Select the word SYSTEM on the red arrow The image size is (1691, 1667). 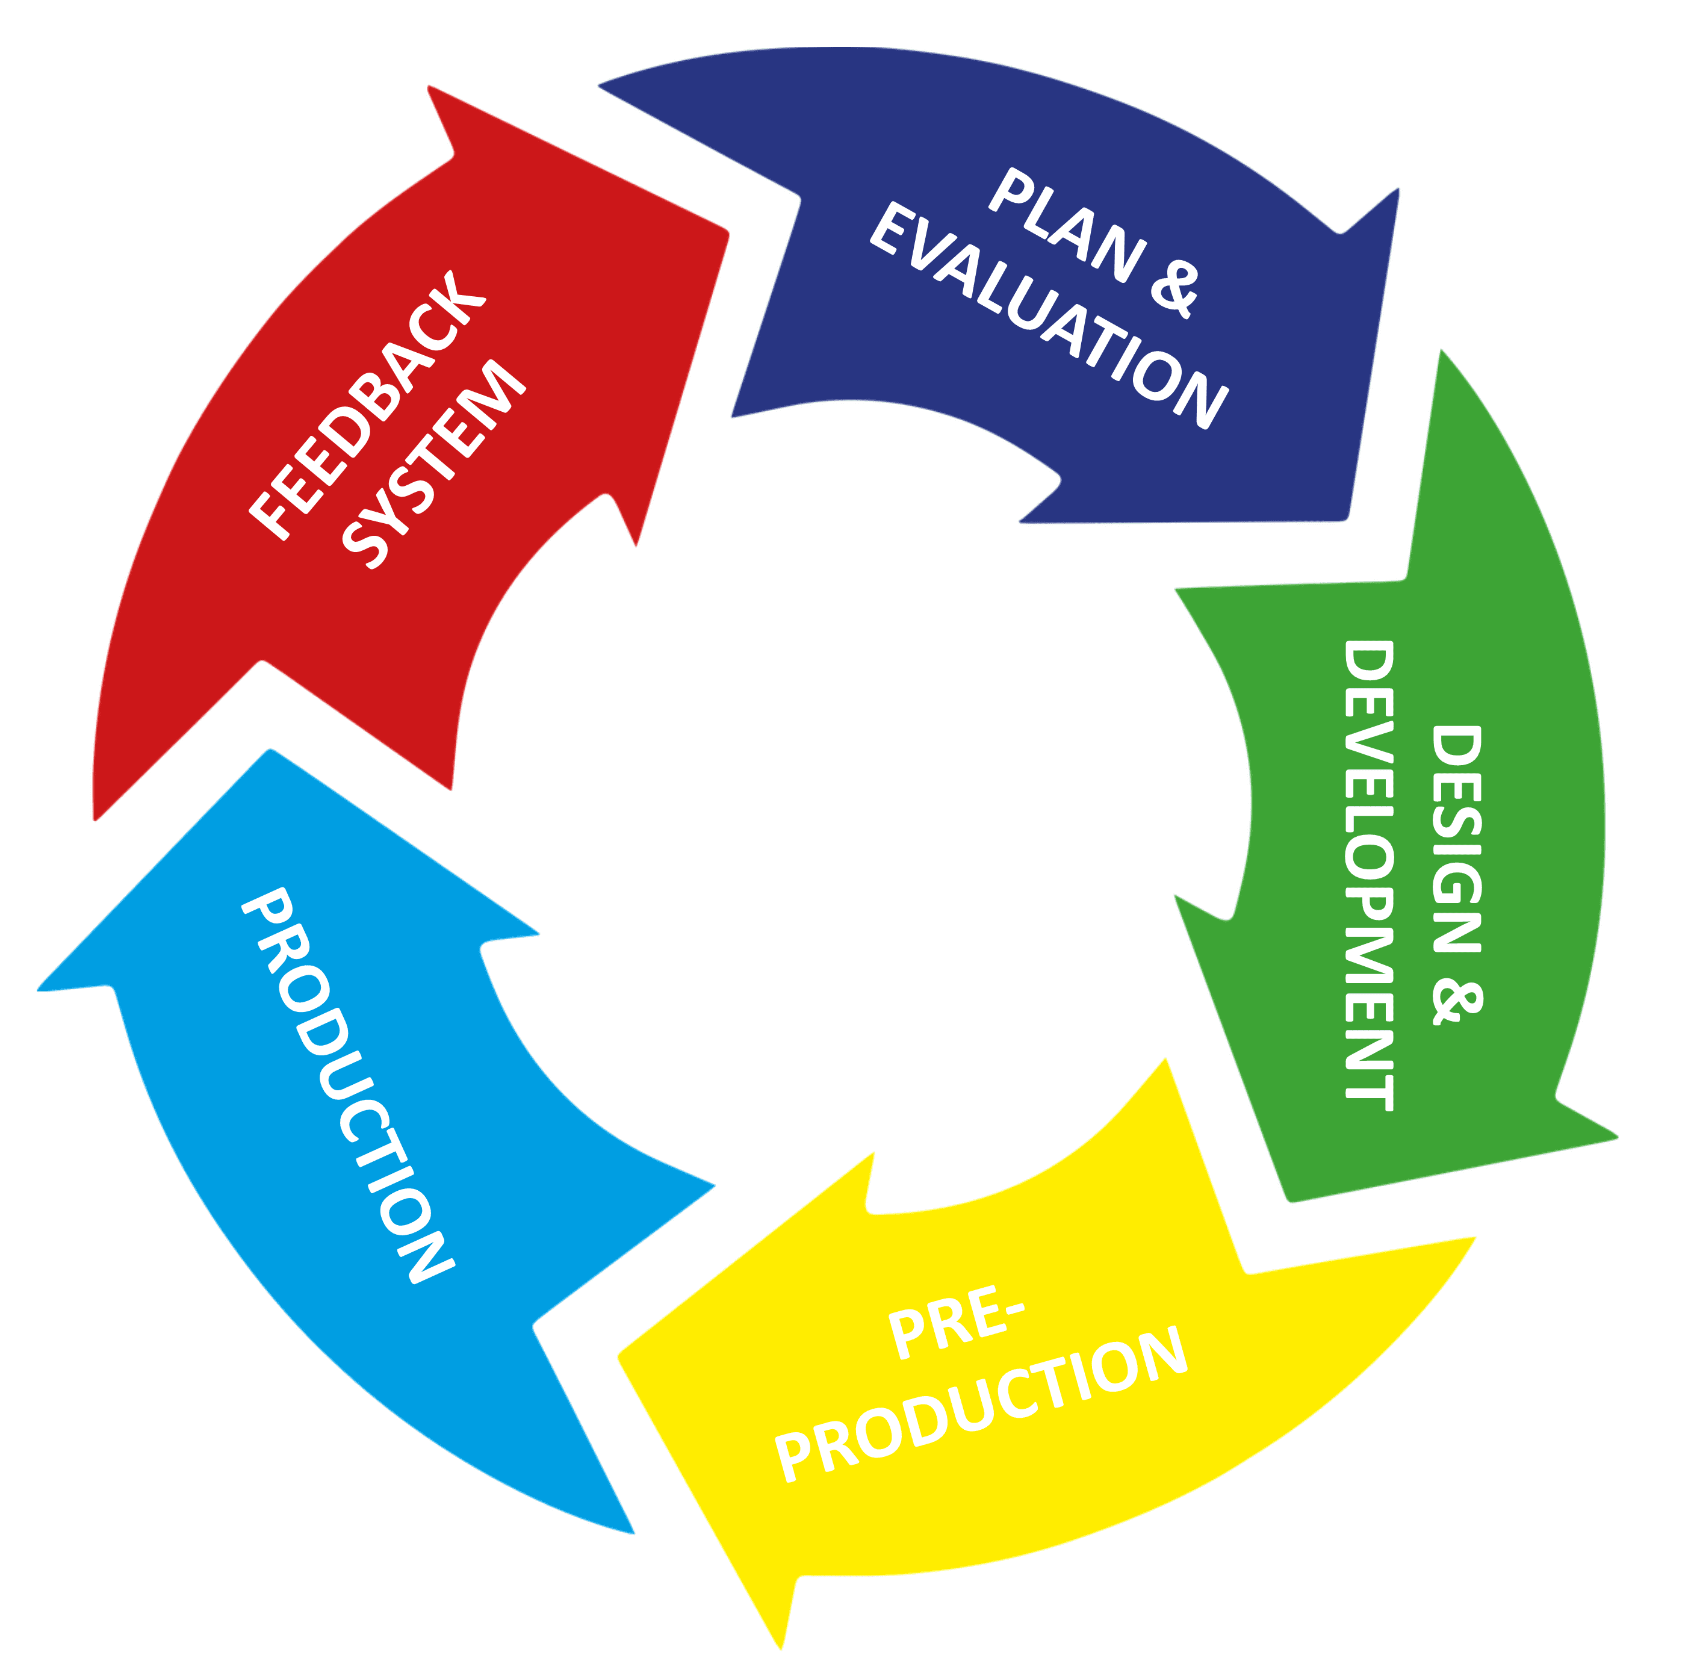coord(434,464)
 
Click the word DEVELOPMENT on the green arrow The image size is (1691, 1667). coord(1369,875)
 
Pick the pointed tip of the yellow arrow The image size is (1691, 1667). coord(619,1357)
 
